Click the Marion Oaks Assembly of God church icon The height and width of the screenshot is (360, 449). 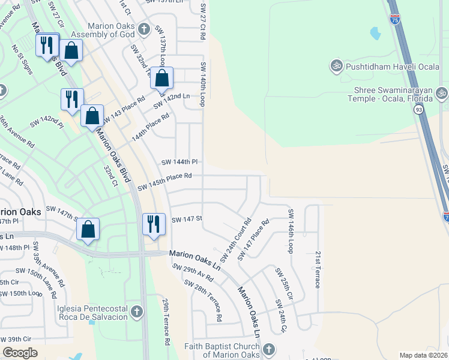coord(143,29)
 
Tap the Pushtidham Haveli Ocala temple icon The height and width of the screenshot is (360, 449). coord(337,65)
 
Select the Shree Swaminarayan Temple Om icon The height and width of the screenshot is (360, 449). coord(442,93)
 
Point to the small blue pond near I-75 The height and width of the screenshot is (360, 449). coord(376,33)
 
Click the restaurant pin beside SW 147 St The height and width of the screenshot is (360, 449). coord(154,224)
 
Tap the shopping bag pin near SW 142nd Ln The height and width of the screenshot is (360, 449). coord(162,79)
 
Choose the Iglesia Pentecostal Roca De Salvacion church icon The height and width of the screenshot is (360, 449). coord(137,311)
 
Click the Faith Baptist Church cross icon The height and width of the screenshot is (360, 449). coord(268,349)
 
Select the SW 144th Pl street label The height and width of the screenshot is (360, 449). coord(179,162)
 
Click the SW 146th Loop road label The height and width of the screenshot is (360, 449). coord(291,231)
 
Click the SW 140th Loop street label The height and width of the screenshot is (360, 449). coord(203,84)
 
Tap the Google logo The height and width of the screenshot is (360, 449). coord(20,353)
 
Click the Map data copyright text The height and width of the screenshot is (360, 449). coord(424,355)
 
